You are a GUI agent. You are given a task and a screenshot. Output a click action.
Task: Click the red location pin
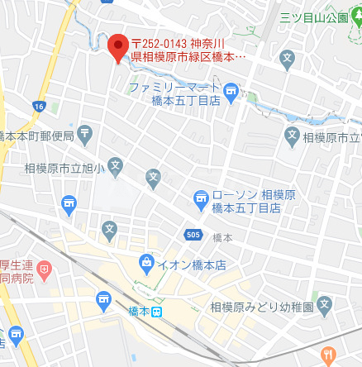(118, 46)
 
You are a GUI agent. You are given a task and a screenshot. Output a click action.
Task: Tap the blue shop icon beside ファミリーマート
(231, 91)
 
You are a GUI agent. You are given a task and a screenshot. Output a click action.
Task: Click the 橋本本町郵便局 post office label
(37, 136)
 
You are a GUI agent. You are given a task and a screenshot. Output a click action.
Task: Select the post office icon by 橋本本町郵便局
(87, 136)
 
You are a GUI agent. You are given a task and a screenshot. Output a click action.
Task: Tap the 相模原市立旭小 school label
(61, 169)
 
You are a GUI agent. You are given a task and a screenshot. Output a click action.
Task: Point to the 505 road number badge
(193, 234)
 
